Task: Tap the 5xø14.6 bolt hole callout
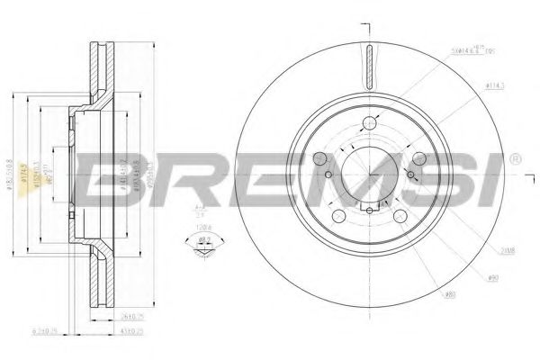coord(477,52)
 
